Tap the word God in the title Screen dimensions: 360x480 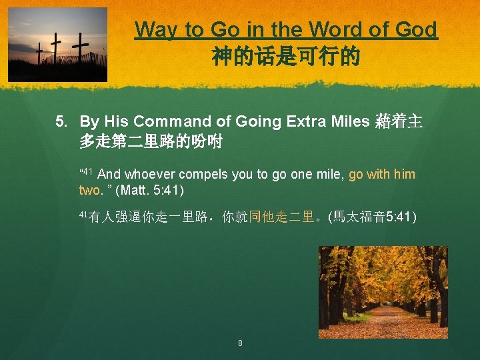[415, 30]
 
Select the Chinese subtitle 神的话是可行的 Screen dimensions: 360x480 [286, 57]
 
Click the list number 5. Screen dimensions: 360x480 [61, 121]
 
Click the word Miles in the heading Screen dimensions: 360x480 [351, 121]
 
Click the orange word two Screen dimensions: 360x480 [90, 190]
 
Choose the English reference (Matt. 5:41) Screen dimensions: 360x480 [149, 190]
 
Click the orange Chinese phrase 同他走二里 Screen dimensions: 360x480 [281, 216]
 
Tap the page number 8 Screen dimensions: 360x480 [240, 343]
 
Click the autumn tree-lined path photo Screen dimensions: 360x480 [383, 292]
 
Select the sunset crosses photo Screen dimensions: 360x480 [57, 44]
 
